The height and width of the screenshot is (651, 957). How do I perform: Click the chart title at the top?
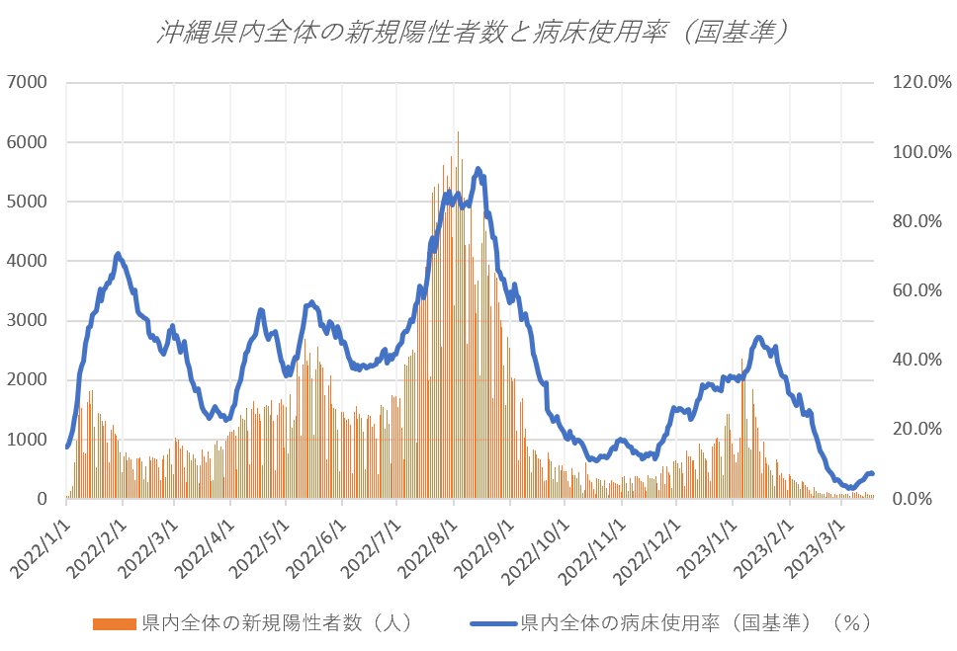click(x=477, y=32)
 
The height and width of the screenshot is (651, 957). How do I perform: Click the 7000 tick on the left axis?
click(x=30, y=83)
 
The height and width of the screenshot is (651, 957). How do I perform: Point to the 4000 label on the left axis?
click(x=30, y=261)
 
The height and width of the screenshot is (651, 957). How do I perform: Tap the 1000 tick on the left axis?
click(x=30, y=440)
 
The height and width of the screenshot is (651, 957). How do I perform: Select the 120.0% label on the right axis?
click(x=919, y=83)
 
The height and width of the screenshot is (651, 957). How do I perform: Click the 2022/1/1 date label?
click(x=42, y=541)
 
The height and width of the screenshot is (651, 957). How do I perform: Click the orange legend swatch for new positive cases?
click(x=116, y=623)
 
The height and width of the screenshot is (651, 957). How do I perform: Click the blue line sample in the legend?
click(x=491, y=623)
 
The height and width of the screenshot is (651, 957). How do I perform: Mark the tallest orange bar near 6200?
click(x=458, y=133)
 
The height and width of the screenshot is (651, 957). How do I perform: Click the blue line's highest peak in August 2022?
click(x=478, y=169)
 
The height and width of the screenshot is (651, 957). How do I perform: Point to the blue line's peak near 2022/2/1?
click(x=118, y=254)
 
